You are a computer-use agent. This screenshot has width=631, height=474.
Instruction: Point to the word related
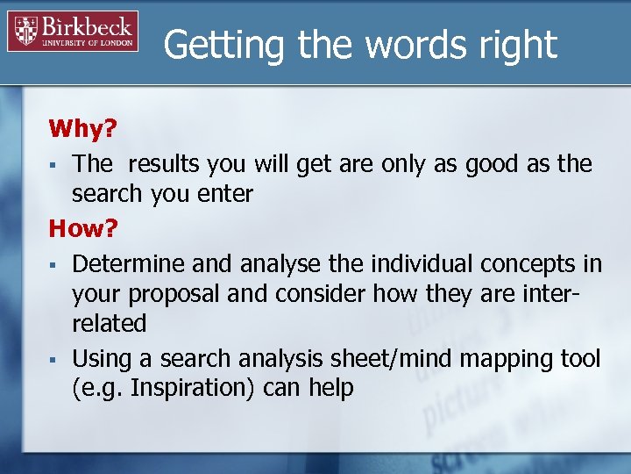tap(110, 324)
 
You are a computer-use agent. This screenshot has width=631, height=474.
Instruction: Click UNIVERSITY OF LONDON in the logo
tap(89, 41)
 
